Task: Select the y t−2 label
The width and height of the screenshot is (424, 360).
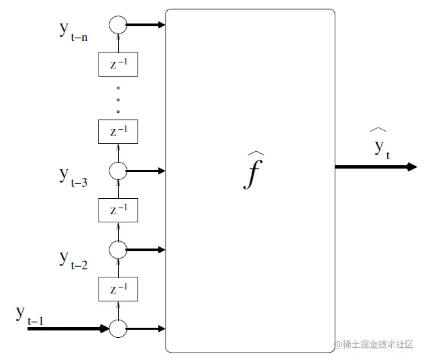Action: tap(73, 259)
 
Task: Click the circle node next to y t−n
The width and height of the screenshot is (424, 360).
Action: tap(118, 25)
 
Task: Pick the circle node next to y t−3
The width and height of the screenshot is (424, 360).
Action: tap(118, 171)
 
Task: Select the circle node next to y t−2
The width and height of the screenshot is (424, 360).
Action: tap(118, 250)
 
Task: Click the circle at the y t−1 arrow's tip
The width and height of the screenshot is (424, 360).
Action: tap(118, 329)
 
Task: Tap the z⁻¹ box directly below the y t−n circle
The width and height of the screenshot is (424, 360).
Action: tap(118, 64)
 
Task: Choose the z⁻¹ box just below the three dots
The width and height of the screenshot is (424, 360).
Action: tap(118, 131)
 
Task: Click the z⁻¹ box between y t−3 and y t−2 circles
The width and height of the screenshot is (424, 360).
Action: tap(118, 210)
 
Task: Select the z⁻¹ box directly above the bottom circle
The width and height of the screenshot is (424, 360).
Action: tap(118, 289)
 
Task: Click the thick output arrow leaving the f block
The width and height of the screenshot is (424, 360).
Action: tap(376, 167)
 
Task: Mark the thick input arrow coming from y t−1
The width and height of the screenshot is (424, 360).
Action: tap(67, 329)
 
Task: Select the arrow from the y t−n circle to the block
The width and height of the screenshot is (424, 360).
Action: tap(146, 26)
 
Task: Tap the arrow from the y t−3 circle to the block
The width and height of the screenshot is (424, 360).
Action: tap(146, 171)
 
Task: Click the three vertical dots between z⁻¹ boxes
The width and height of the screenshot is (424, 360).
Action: tap(118, 99)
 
